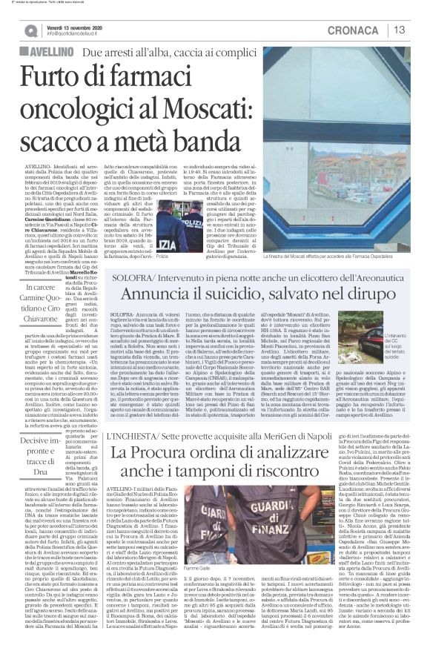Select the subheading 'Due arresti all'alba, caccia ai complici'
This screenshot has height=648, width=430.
[x=171, y=53]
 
